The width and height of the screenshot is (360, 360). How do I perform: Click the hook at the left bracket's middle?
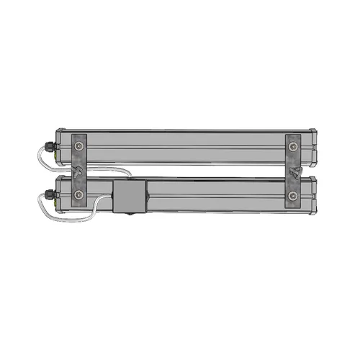[77, 172]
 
